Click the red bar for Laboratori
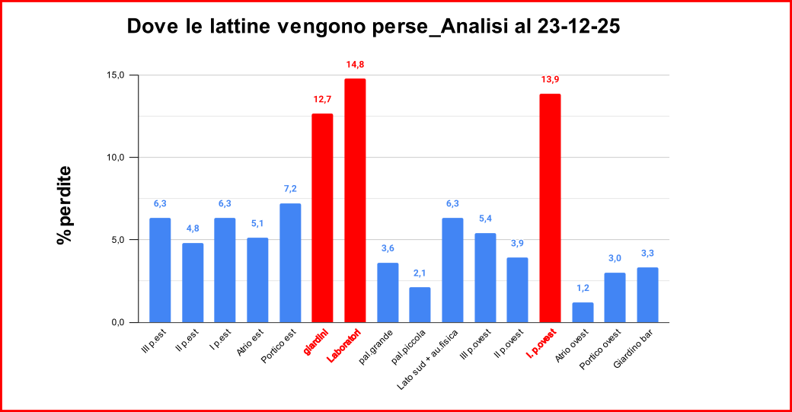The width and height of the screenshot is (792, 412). coord(355,200)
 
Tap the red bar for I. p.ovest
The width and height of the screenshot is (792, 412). coord(550,208)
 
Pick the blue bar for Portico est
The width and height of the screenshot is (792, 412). coord(290,263)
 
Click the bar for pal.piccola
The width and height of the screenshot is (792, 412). coord(420,305)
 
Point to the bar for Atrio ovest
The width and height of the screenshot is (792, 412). coord(583,312)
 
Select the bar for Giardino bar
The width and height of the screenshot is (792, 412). coord(647,295)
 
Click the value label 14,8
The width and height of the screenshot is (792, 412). coord(355,65)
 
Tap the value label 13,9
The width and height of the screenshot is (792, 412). coord(550,79)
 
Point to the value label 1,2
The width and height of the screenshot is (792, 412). coord(583,288)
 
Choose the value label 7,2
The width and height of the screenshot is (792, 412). coord(290,188)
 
